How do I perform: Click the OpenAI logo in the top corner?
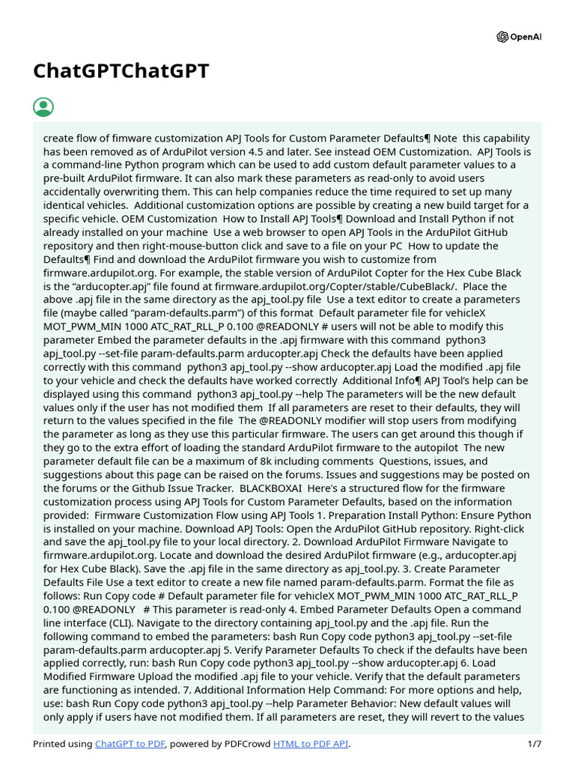point(519,37)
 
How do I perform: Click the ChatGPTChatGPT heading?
point(121,71)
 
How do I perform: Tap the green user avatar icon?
point(43,107)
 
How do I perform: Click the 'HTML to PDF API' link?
point(311,744)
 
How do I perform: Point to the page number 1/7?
point(533,744)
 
